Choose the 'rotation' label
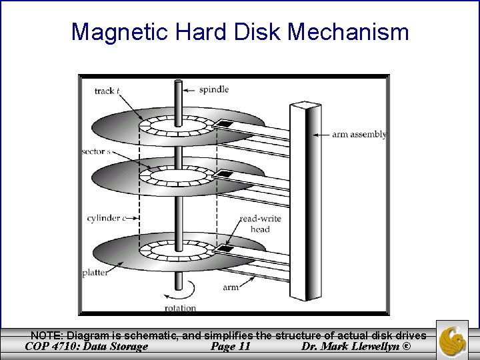tap(180, 308)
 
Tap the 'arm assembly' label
tap(359, 134)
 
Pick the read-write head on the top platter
tap(227, 124)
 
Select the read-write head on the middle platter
tap(227, 175)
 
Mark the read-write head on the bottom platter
tap(227, 249)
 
